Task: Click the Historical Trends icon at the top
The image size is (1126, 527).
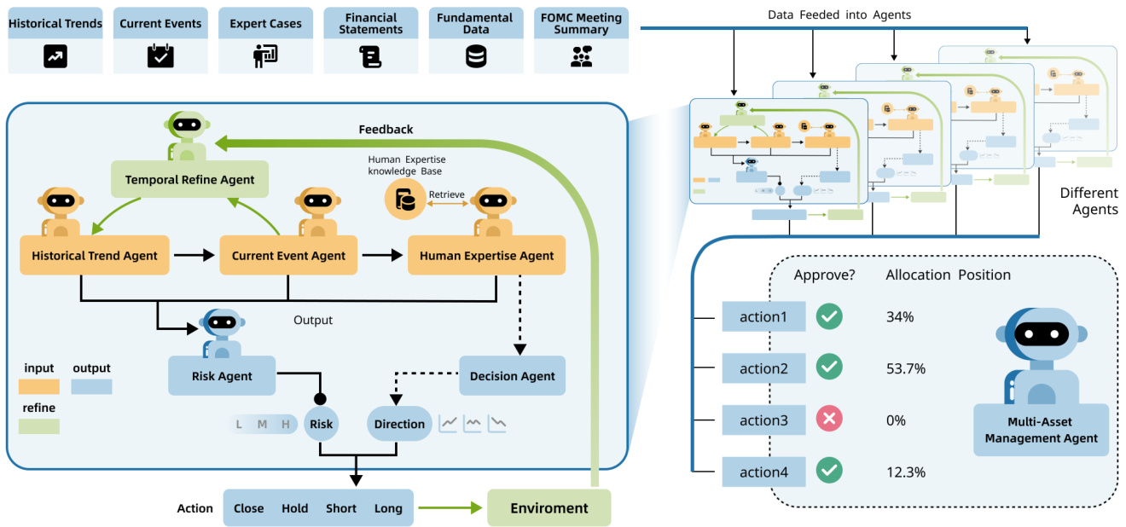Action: (55, 56)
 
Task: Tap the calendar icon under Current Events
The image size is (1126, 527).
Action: (160, 56)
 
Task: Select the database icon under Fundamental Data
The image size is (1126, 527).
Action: (476, 56)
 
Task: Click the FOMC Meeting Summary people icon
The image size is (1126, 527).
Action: (582, 56)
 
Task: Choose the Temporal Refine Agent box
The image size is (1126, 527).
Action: (189, 180)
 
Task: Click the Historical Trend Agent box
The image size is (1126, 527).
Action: (95, 255)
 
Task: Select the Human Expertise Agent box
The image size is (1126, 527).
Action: (486, 255)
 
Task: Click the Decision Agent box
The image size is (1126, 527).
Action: (512, 375)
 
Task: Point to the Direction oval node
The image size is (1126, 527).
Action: (399, 424)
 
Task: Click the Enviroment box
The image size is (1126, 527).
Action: (549, 508)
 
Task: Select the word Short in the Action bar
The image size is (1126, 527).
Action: (341, 508)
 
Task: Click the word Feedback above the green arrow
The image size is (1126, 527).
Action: (386, 130)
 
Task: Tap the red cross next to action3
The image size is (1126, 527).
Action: (829, 420)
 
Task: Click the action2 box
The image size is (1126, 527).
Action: (763, 368)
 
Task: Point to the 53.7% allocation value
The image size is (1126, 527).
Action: (906, 368)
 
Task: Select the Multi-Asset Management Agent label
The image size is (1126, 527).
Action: (1041, 431)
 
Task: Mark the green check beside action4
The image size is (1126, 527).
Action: (829, 472)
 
